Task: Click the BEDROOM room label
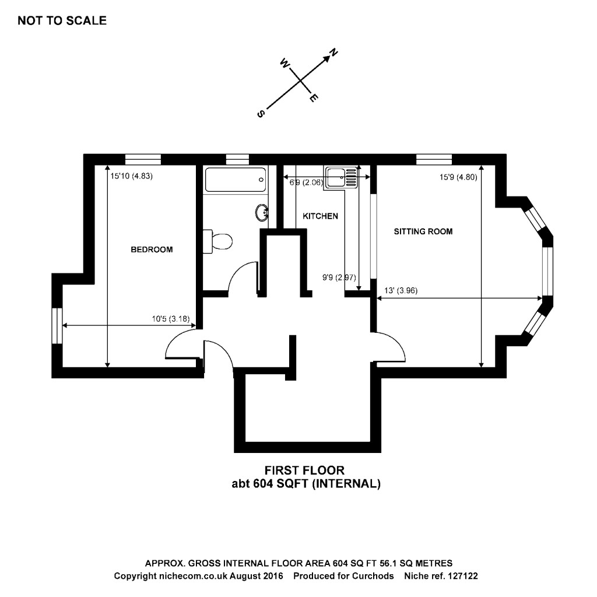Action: (x=152, y=250)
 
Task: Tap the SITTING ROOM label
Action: (x=423, y=231)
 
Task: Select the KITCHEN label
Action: (x=320, y=216)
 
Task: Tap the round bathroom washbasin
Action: (x=262, y=213)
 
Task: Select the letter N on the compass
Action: (x=333, y=54)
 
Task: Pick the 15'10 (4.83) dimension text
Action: (x=131, y=176)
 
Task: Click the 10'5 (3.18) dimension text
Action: (x=173, y=319)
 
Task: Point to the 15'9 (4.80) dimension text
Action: (x=459, y=177)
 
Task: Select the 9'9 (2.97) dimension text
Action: (x=335, y=278)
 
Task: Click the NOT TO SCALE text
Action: (x=62, y=21)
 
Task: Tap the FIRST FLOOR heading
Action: (x=304, y=470)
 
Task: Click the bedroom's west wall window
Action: (x=57, y=326)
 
